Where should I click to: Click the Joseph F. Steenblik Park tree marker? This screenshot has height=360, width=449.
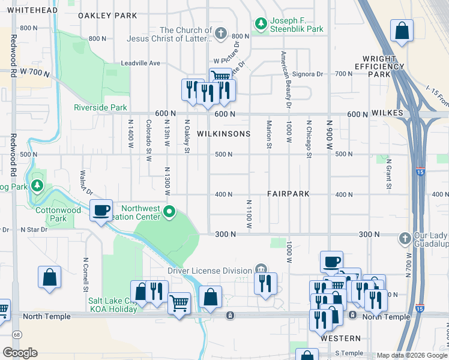coord(261,23)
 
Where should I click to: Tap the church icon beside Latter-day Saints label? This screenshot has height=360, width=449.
coord(221,34)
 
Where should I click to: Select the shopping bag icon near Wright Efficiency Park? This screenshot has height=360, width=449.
coord(402,32)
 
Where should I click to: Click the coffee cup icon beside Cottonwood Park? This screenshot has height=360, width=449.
coord(101,210)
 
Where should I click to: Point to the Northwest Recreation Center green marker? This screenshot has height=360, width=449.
coord(170,211)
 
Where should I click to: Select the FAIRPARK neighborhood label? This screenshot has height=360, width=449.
coord(289,194)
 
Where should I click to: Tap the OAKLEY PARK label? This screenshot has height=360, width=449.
coord(108,16)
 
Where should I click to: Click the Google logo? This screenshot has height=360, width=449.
coord(20,353)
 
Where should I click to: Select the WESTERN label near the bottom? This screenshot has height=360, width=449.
coord(340,338)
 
